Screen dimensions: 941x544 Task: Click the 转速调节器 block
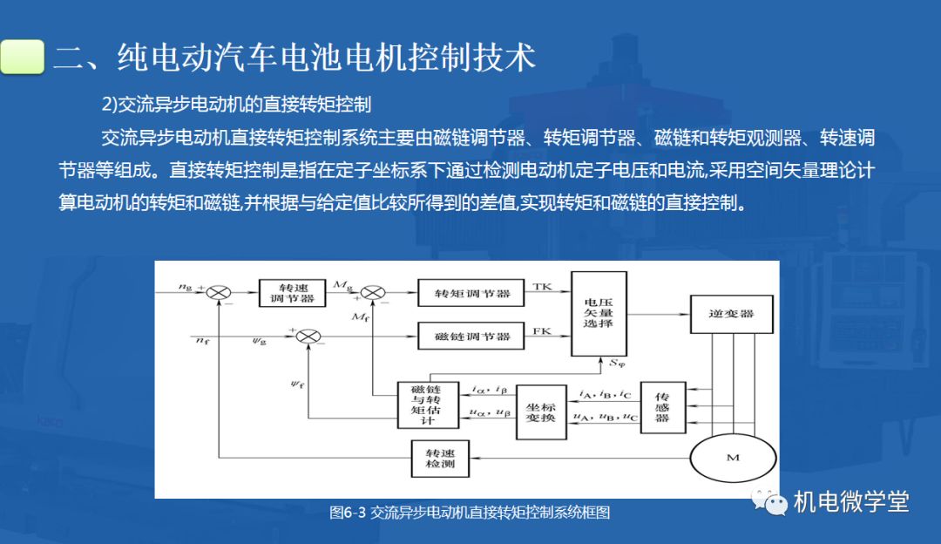[292, 293]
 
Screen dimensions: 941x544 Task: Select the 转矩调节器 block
[471, 293]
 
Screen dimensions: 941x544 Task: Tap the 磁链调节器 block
[471, 337]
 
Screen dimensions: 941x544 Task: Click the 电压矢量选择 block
[599, 314]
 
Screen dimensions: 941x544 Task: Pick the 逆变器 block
[732, 314]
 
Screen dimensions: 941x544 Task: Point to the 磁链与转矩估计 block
[428, 405]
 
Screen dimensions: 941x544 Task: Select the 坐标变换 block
[541, 411]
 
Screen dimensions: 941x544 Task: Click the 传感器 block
[662, 407]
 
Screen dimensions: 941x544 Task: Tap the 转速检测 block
[440, 459]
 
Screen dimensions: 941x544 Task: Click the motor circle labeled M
[733, 459]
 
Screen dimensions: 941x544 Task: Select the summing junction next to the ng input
[219, 293]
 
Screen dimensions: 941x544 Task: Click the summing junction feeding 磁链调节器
[308, 337]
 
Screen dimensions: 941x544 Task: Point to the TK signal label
[541, 287]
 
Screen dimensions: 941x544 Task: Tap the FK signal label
[541, 330]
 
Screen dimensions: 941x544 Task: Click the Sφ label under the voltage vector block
[617, 364]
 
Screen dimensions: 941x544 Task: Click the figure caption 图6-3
[348, 513]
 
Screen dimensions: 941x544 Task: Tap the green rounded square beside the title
[22, 57]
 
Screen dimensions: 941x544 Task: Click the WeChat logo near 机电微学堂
[769, 501]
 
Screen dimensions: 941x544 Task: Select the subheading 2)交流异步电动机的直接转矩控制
[236, 105]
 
